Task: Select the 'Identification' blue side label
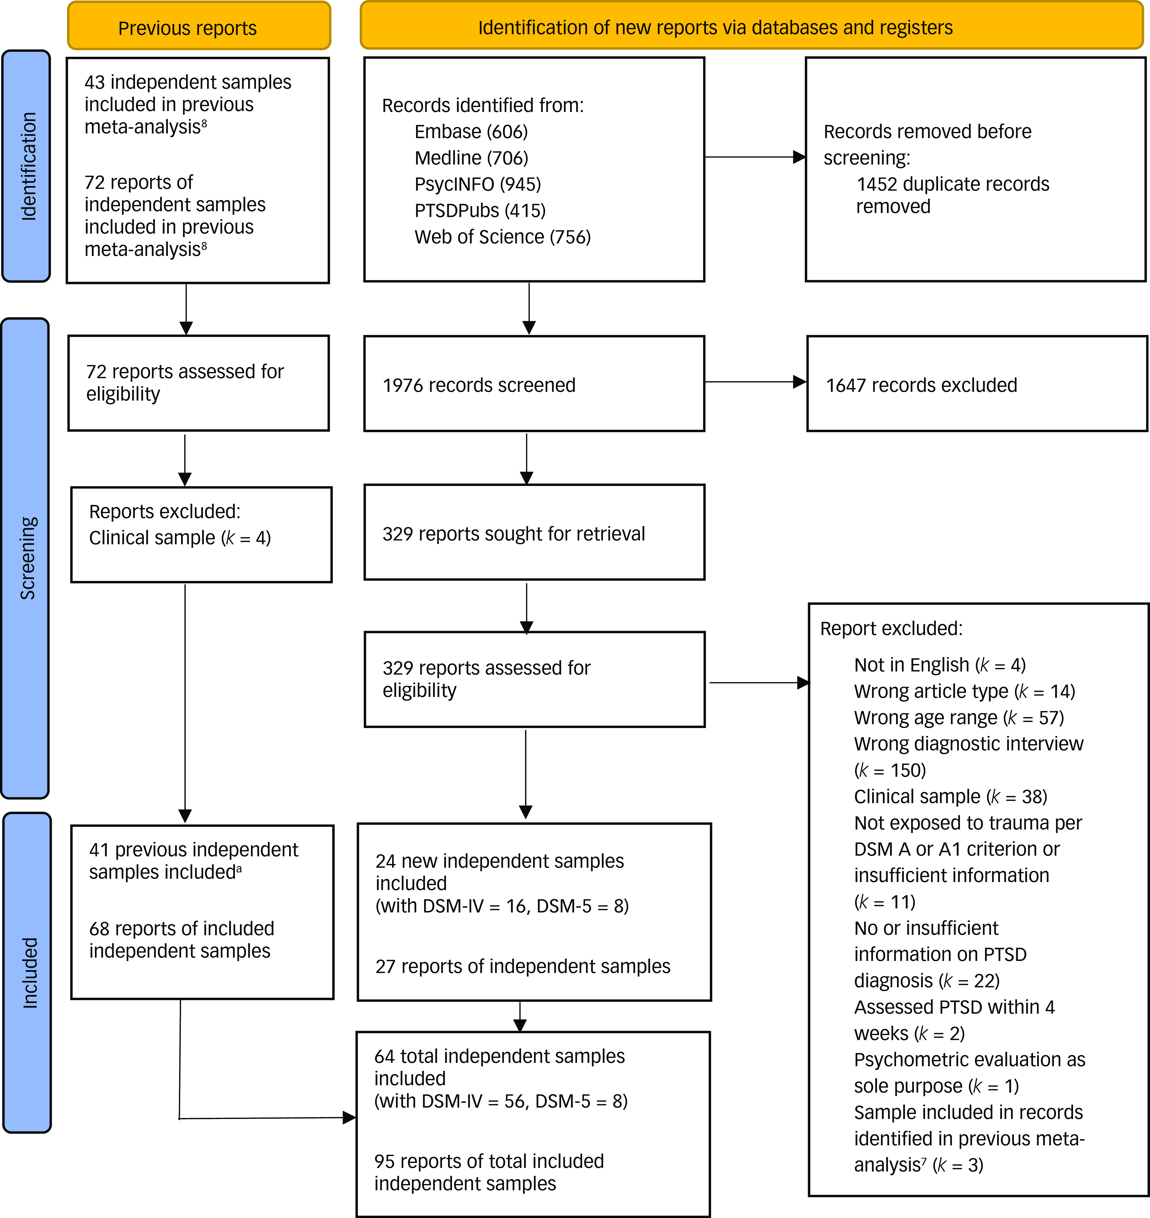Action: [26, 166]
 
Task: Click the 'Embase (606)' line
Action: [471, 132]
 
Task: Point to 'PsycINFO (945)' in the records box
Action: [478, 184]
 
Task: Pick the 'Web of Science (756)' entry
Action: [503, 237]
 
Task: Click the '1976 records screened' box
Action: [534, 384]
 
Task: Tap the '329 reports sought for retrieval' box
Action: [535, 532]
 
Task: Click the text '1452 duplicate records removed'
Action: [953, 195]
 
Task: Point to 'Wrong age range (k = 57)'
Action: [959, 718]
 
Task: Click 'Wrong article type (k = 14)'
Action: [964, 691]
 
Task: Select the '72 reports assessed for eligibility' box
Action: [199, 383]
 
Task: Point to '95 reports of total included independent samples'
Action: [489, 1172]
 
